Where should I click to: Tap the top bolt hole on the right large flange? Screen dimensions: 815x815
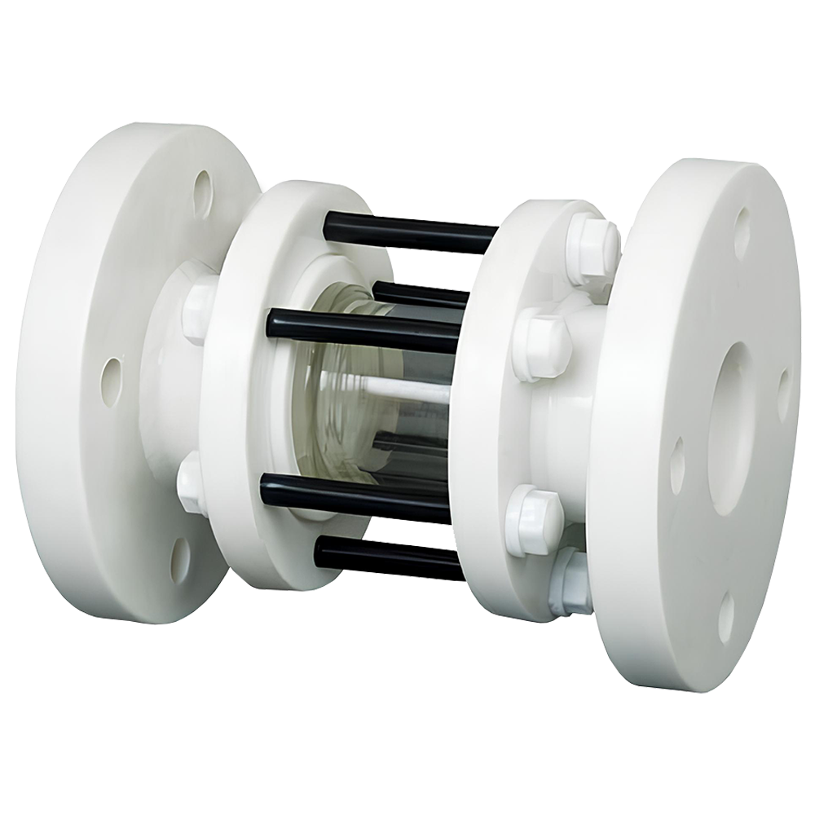(742, 225)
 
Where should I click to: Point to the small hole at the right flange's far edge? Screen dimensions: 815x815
(783, 390)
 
